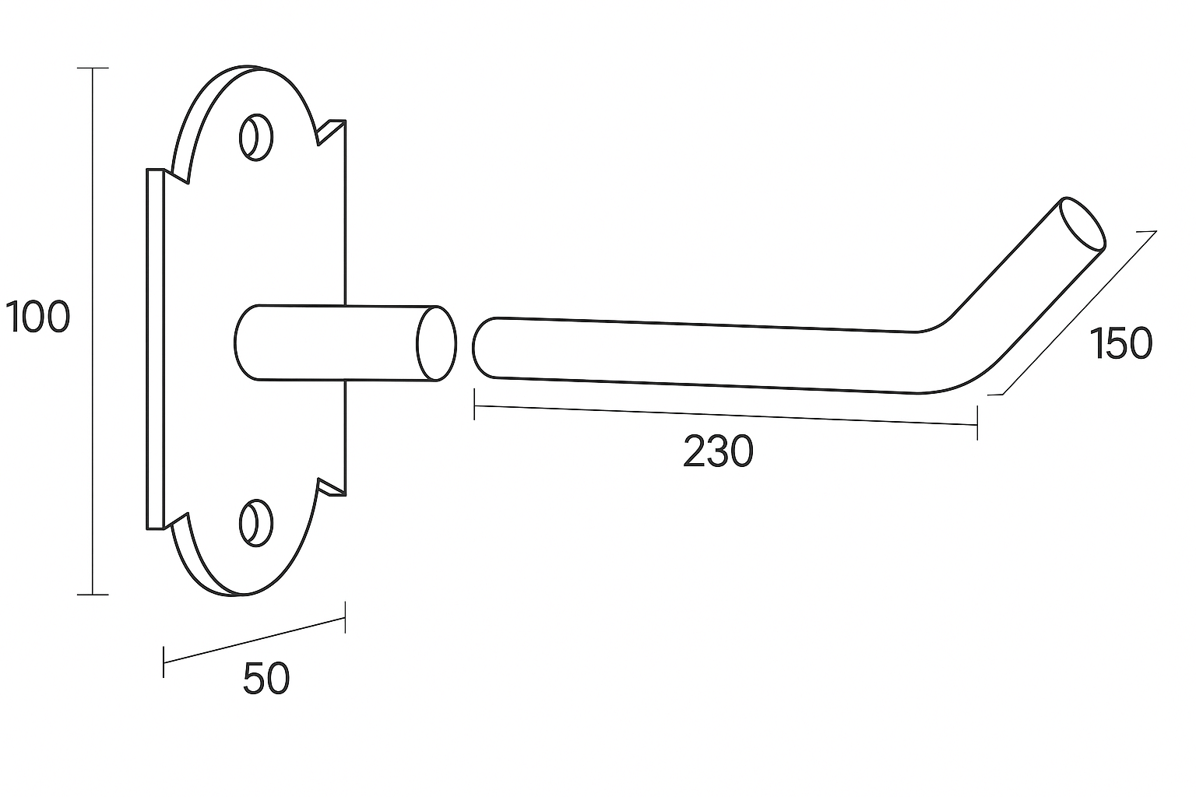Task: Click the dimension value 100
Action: (x=37, y=318)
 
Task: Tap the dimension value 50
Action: (x=266, y=678)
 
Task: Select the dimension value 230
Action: (x=718, y=452)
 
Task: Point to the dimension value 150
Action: (x=1121, y=343)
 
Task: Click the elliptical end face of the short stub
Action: (x=436, y=344)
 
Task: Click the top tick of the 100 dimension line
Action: (x=93, y=68)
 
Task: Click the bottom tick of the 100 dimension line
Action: (x=93, y=595)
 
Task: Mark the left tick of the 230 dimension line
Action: (x=474, y=406)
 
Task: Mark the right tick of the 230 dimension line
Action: (x=977, y=425)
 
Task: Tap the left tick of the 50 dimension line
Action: (x=164, y=662)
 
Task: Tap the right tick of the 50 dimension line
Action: (x=345, y=616)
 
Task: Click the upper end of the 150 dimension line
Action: (x=1155, y=232)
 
